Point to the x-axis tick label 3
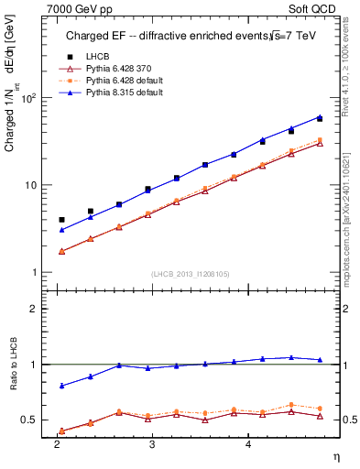tap(152, 442)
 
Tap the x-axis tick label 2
tap(57, 442)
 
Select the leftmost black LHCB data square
tap(61, 220)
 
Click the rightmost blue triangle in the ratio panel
tap(320, 360)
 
